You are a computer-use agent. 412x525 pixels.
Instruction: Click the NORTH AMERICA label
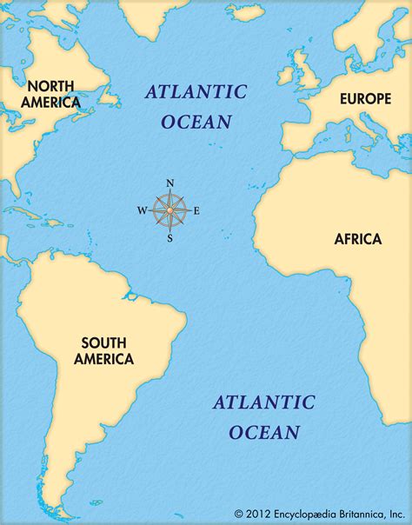[53, 94]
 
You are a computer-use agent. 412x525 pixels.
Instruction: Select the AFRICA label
[357, 238]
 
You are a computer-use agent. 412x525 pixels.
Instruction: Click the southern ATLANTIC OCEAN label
[263, 416]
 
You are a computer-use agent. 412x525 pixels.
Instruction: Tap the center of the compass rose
[169, 209]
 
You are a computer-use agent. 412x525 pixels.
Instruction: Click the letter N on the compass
[169, 183]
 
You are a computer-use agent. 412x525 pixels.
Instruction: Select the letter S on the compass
[169, 238]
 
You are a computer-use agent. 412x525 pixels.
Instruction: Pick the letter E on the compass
[196, 210]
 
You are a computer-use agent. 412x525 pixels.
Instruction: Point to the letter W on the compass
[142, 210]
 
